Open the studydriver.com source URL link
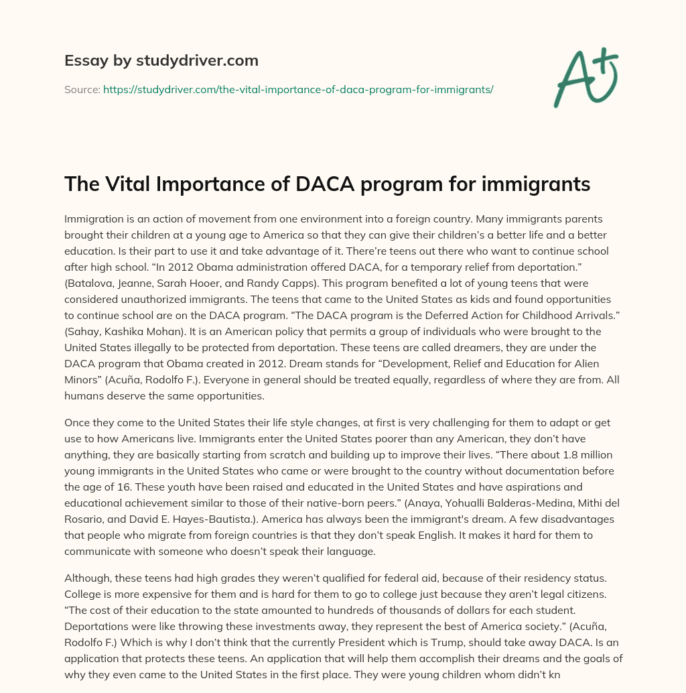pyautogui.click(x=298, y=89)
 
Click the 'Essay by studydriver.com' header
pyautogui.click(x=161, y=60)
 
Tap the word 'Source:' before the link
pyautogui.click(x=82, y=89)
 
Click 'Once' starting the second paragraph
pyautogui.click(x=78, y=422)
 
